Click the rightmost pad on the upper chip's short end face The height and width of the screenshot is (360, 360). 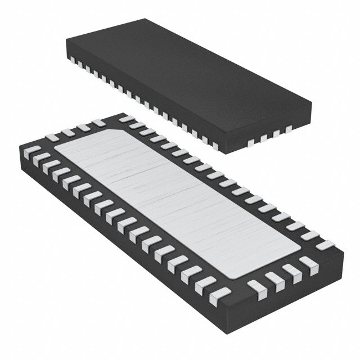point(289,129)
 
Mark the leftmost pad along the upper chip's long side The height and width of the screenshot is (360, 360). point(72,61)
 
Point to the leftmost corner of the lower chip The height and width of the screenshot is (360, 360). point(19,147)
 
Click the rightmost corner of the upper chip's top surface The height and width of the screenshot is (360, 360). point(312,103)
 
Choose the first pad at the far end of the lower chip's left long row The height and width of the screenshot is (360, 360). point(33,151)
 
